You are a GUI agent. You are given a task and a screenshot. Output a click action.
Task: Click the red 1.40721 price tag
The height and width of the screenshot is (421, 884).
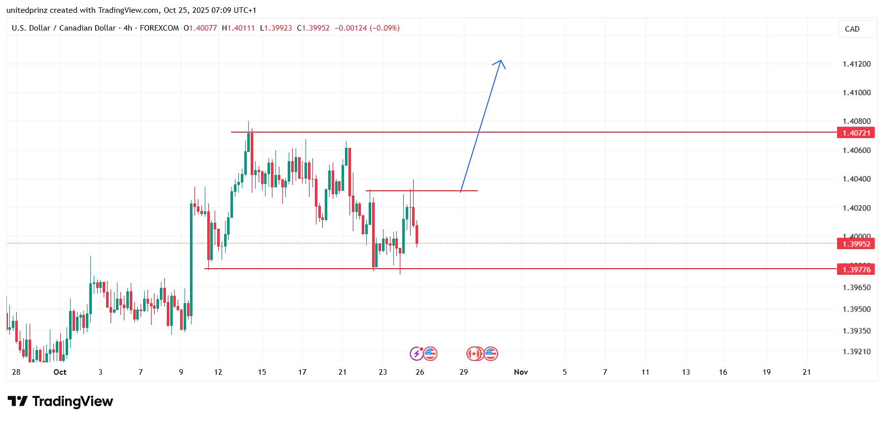pos(856,133)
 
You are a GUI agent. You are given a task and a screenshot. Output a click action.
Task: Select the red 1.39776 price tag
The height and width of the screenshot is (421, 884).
pos(856,269)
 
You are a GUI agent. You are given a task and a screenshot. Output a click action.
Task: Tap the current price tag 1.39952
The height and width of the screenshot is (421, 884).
pos(856,244)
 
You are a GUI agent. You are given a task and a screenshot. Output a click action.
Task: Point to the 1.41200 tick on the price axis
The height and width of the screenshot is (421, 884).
pos(856,64)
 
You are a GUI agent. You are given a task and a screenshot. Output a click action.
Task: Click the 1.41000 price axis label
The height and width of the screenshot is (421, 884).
pos(856,93)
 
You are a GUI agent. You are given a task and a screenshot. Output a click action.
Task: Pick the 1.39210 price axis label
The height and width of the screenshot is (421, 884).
pos(856,351)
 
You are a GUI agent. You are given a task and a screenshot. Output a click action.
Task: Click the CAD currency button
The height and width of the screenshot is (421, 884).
pos(852,29)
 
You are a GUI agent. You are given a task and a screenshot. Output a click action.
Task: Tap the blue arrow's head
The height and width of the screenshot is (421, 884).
pos(500,61)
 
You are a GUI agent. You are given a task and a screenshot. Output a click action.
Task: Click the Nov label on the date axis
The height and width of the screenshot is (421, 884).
pos(521,372)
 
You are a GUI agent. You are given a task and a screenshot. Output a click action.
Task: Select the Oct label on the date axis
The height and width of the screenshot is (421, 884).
pos(60,372)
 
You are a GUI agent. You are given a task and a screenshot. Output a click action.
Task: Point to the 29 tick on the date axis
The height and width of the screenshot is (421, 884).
pos(463,372)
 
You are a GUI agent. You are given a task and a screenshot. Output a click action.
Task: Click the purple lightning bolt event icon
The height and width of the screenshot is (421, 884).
pos(417,353)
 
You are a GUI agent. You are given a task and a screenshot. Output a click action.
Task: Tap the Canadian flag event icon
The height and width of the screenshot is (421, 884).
pos(474,353)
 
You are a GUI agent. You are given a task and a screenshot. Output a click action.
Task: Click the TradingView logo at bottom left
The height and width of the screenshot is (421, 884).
pos(60,402)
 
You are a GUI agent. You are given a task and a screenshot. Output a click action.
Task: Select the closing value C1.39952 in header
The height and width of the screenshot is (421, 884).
pos(313,28)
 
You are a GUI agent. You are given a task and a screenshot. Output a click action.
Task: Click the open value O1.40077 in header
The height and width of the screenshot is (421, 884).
pos(200,28)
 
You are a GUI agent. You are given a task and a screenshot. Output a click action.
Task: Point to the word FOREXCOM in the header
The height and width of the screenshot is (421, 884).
pos(159,28)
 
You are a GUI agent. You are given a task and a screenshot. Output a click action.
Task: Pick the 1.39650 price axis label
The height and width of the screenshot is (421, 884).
pos(856,287)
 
